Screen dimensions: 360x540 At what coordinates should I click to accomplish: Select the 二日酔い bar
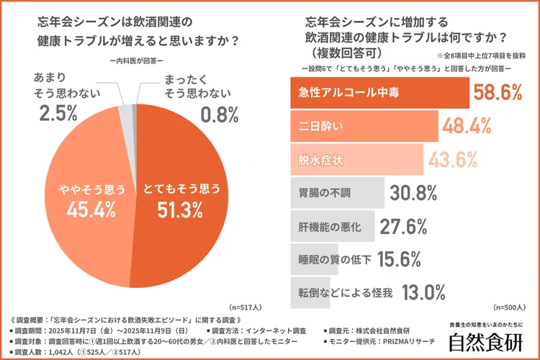pyautogui.click(x=364, y=126)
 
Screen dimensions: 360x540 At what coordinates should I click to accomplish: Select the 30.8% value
pyautogui.click(x=413, y=193)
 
